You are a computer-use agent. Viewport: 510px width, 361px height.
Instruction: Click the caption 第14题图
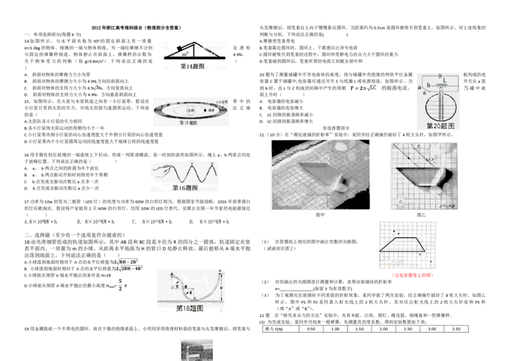click(193, 66)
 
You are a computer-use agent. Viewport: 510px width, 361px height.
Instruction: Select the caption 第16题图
click(186, 188)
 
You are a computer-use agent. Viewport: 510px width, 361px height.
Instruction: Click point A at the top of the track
click(172, 273)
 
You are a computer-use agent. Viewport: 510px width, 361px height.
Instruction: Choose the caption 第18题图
click(189, 309)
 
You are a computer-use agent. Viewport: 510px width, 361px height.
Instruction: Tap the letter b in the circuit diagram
click(428, 85)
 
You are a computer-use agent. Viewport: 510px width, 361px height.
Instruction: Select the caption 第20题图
click(440, 126)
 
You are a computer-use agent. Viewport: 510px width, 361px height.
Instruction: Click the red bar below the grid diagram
click(412, 276)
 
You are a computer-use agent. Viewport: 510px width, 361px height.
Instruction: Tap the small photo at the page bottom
click(196, 349)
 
